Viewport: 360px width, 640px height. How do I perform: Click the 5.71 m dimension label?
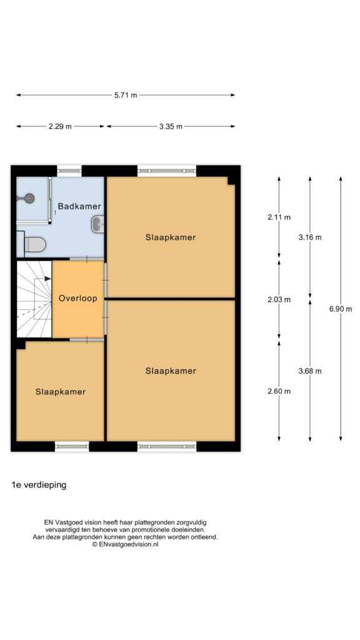pos(126,95)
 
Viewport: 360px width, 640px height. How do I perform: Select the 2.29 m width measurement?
pos(60,126)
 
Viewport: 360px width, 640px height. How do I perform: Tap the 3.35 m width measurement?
pos(171,126)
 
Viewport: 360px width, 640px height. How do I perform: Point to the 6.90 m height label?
pos(341,309)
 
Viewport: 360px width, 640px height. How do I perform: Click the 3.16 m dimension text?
pos(310,237)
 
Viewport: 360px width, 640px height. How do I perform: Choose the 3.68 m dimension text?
pos(310,371)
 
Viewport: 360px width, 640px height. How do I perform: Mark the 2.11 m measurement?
pos(279,217)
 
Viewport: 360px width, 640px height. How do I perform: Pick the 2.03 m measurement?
pos(279,299)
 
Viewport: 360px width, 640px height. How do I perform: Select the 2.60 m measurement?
pos(279,391)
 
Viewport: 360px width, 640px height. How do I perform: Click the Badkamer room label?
pos(79,206)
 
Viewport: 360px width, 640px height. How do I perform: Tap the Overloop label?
pos(78,298)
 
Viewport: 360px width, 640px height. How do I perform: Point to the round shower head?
pos(29,198)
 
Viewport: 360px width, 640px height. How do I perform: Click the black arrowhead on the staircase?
pos(47,279)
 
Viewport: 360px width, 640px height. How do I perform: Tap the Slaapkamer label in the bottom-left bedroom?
pos(61,392)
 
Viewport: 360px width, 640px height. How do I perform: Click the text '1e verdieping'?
pos(39,485)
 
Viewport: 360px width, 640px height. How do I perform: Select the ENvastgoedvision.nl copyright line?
pos(125,544)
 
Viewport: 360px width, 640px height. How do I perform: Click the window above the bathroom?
pos(69,171)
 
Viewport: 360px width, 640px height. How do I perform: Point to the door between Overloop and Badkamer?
pos(86,259)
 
